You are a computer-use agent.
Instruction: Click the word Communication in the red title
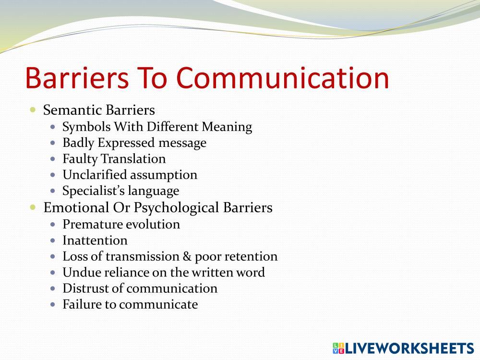pos(283,78)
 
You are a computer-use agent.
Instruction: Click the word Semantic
pos(72,110)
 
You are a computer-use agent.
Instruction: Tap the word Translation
pos(133,158)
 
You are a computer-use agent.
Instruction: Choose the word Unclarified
pos(95,175)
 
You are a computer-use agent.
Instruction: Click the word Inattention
pos(95,240)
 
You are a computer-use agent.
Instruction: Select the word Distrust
pos(81,288)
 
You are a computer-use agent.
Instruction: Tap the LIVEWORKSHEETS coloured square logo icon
pos(338,348)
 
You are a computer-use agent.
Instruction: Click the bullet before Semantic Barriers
pos(33,109)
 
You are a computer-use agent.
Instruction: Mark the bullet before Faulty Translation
pos(53,159)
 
